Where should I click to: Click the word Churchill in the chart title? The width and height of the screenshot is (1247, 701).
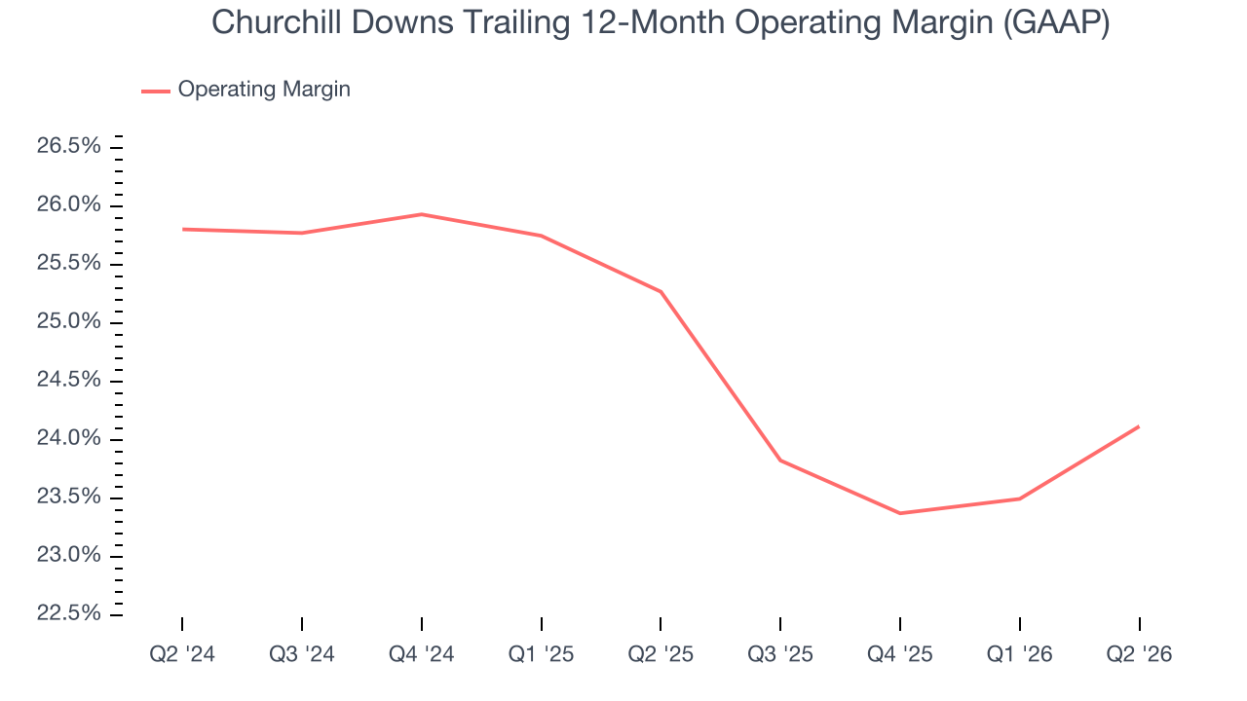coord(276,22)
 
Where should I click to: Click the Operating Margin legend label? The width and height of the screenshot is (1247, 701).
coord(264,89)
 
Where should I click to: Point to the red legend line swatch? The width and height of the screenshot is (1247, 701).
coord(155,92)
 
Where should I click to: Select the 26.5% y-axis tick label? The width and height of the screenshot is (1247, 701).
coord(68,146)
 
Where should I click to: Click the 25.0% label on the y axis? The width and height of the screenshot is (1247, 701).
coord(68,321)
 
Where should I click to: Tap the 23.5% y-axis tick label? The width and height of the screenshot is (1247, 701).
coord(68,497)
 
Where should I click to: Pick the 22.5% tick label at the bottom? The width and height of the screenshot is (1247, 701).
coord(68,613)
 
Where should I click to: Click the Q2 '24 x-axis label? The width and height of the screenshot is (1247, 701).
coord(182,654)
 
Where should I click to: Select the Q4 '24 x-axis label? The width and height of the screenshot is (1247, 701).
coord(422,654)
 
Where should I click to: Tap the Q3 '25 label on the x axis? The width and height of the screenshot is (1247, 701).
coord(780,654)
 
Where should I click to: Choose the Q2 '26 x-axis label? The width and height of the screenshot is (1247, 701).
coord(1139,654)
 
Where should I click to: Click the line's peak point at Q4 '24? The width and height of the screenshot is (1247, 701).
coord(422,214)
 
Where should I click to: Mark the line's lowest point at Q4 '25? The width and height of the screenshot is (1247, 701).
coord(900,513)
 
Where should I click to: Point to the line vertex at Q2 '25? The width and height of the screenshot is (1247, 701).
coord(661,291)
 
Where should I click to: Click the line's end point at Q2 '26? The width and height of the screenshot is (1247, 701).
coord(1139,426)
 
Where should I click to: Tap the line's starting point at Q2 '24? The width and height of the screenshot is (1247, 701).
coord(182,229)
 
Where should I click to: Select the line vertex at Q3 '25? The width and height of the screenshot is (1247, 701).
coord(780,461)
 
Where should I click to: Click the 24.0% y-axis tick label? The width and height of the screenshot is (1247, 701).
coord(68,438)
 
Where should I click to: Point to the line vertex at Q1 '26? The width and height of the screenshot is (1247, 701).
coord(1019,498)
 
